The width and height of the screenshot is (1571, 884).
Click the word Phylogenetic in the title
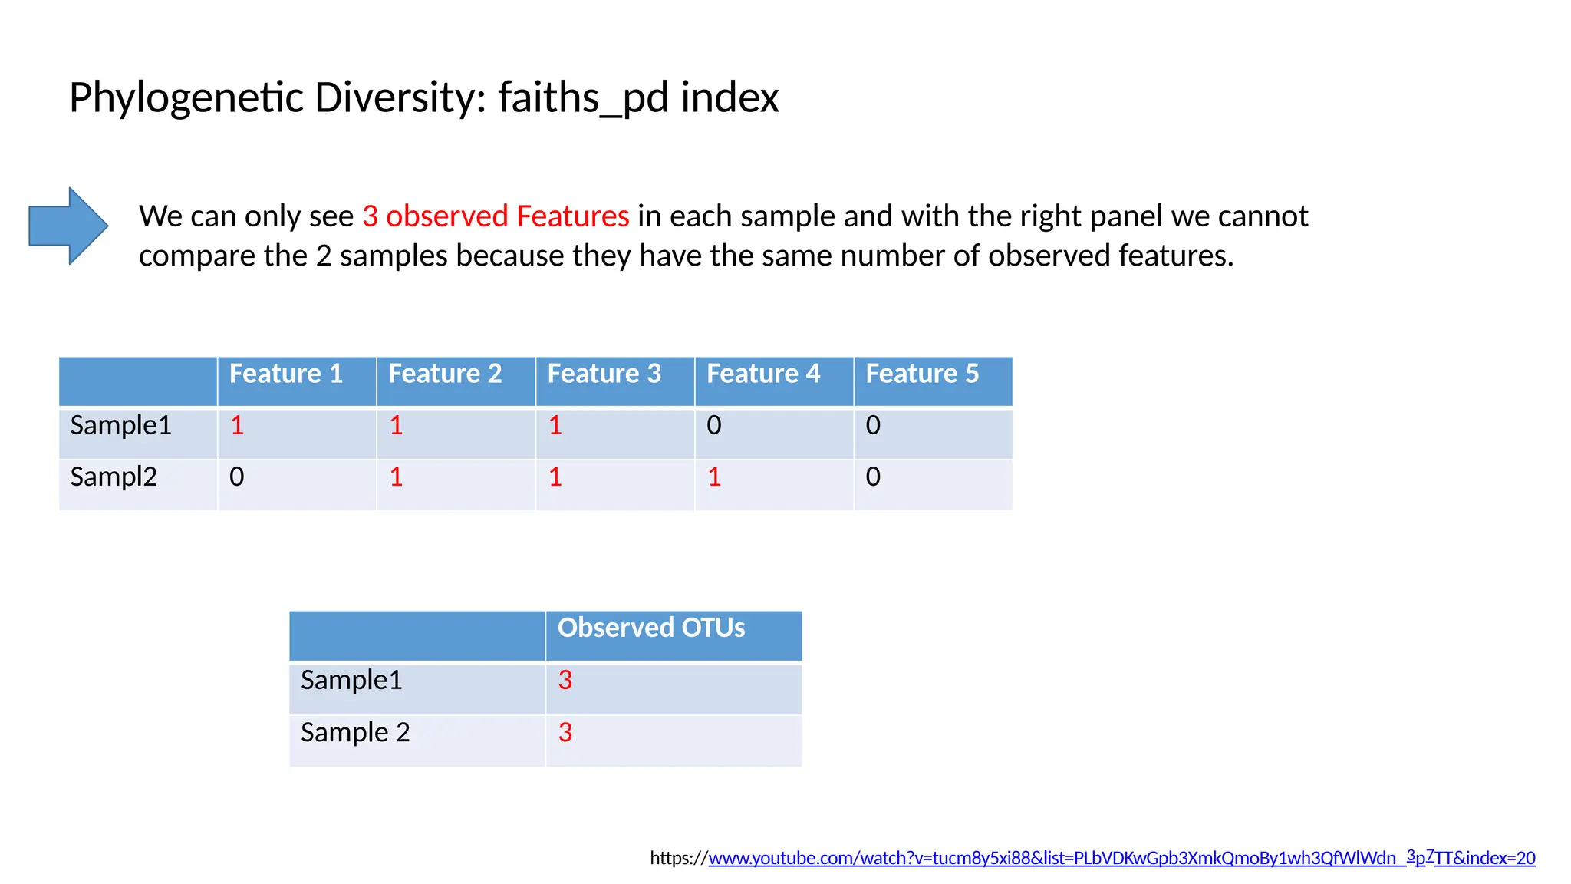186,98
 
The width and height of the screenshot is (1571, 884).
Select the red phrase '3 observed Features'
496,216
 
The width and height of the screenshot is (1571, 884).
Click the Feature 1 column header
285,374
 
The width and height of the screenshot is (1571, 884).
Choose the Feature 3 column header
604,374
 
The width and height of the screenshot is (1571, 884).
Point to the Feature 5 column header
922,374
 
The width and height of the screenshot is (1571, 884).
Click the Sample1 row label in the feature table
120,425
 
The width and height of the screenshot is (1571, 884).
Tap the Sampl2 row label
114,477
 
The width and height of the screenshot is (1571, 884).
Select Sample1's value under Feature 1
237,425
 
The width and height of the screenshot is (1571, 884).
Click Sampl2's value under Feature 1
237,477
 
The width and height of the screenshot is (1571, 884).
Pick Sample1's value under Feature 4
714,425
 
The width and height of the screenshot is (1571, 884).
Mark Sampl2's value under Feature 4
714,477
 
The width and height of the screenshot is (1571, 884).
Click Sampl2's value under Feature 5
873,477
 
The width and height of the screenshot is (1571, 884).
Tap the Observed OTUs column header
651,628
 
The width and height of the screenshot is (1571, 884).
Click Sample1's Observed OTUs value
565,680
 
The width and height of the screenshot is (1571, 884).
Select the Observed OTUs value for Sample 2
565,732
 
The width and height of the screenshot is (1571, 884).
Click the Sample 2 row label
355,732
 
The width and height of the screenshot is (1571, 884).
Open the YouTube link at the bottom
1121,858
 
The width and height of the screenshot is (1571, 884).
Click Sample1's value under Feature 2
396,425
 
